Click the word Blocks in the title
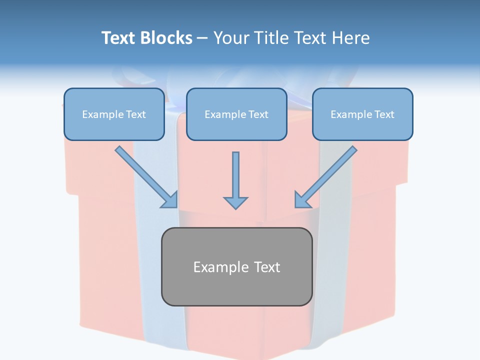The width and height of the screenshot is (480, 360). tap(166, 37)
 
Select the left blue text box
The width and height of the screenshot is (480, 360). tap(114, 114)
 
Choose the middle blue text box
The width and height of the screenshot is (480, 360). tap(236, 114)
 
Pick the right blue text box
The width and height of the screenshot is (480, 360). tap(363, 114)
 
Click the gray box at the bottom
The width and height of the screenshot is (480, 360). tap(237, 266)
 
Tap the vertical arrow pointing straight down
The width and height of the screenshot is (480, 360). tap(235, 180)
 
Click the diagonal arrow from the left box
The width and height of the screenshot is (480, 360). tap(146, 177)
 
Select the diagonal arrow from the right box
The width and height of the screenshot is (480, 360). tap(326, 177)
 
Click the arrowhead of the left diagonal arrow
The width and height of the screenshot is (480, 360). tap(171, 201)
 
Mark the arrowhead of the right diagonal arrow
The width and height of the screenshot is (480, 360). tap(301, 201)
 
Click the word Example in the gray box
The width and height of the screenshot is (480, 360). tap(217, 267)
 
